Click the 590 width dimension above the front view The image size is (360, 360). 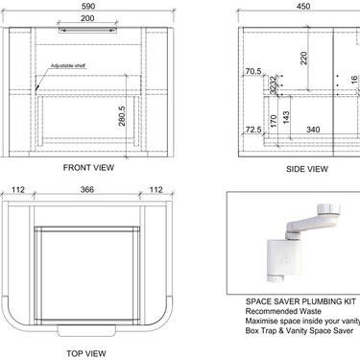(87, 7)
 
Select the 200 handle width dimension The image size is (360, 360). (87, 19)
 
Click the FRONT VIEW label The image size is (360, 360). (88, 167)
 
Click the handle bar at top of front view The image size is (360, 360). (87, 30)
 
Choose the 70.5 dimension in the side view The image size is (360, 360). (252, 72)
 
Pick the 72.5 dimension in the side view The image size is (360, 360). (252, 128)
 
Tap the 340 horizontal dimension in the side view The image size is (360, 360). (313, 128)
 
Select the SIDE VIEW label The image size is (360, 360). (307, 168)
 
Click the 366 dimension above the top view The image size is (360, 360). (87, 189)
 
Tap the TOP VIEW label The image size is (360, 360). (86, 352)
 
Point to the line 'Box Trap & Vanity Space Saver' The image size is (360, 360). (297, 331)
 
